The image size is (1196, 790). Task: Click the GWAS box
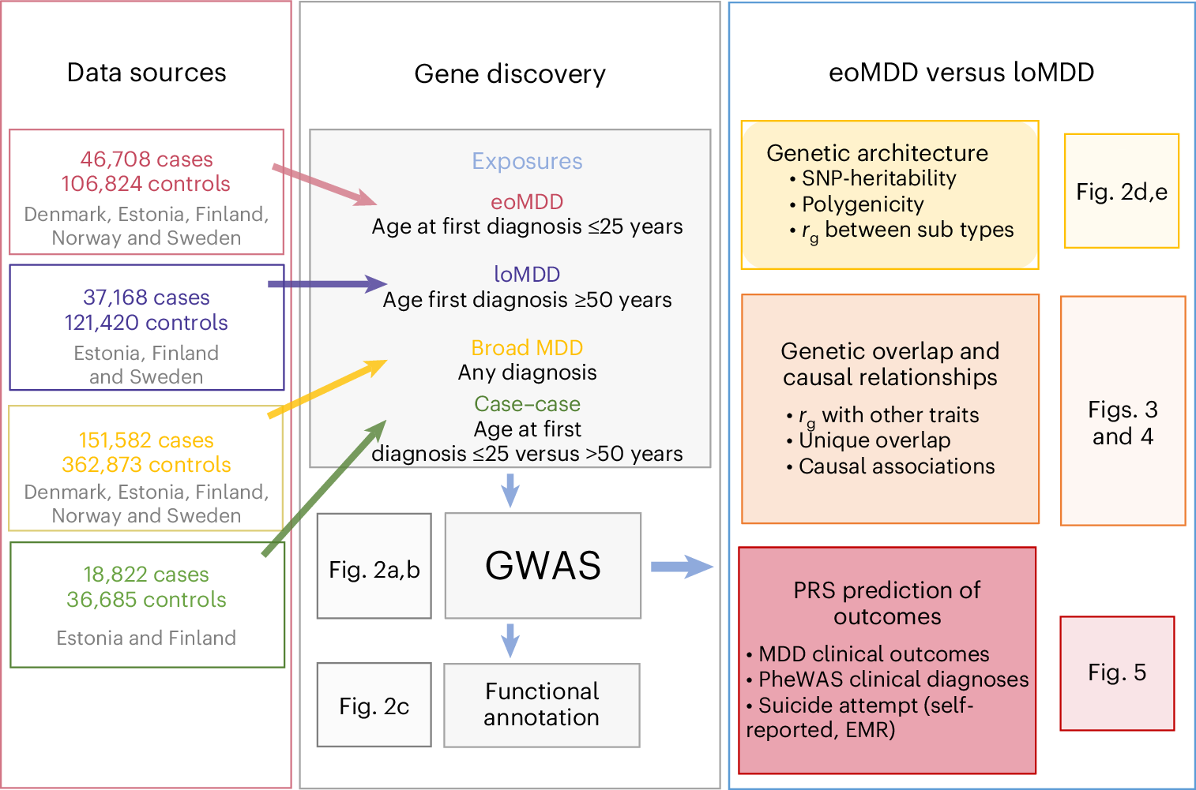pyautogui.click(x=543, y=565)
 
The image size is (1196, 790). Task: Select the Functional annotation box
pyautogui.click(x=541, y=705)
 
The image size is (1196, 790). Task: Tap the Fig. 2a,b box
pyautogui.click(x=374, y=566)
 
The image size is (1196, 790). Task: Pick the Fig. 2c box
pyautogui.click(x=374, y=705)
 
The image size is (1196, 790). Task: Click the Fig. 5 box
pyautogui.click(x=1116, y=673)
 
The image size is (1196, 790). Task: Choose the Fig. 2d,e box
pyautogui.click(x=1121, y=191)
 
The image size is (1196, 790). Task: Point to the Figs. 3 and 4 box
pyautogui.click(x=1122, y=410)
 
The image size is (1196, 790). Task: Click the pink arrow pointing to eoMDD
pyautogui.click(x=324, y=185)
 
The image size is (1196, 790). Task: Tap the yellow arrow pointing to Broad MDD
pyautogui.click(x=327, y=388)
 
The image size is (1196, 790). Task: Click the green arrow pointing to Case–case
pyautogui.click(x=324, y=488)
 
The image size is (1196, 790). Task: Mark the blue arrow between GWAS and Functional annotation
pyautogui.click(x=510, y=640)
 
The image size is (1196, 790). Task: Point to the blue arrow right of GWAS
pyautogui.click(x=681, y=566)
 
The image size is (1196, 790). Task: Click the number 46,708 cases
pyautogui.click(x=146, y=159)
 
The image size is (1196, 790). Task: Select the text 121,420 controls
pyautogui.click(x=146, y=323)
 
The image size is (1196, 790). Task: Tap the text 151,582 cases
pyautogui.click(x=146, y=440)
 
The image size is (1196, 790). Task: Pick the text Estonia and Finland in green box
pyautogui.click(x=146, y=638)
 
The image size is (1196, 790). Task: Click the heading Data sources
pyautogui.click(x=146, y=73)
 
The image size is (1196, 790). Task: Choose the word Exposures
pyautogui.click(x=527, y=161)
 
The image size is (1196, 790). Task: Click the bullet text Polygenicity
pyautogui.click(x=863, y=204)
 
